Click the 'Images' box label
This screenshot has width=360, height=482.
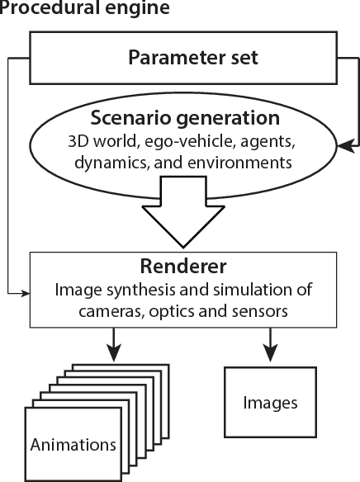[x=270, y=404]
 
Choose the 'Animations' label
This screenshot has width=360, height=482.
[x=73, y=445]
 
